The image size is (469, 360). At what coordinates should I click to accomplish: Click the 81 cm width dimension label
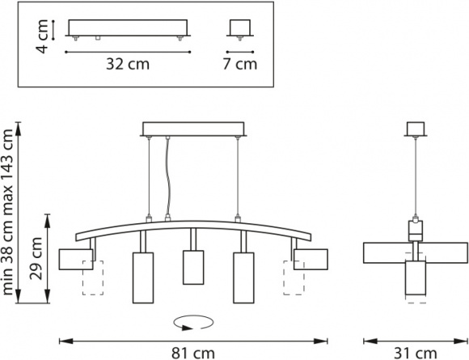click(x=193, y=353)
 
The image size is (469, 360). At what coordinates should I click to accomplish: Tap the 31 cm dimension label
click(x=416, y=353)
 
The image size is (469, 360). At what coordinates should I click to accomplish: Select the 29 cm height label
click(x=36, y=258)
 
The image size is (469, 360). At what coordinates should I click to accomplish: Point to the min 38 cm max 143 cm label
click(x=8, y=213)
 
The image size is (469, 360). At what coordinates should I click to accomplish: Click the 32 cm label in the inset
click(x=128, y=64)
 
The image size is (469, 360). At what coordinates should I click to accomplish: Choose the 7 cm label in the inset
click(x=240, y=64)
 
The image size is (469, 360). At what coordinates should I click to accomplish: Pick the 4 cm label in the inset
click(x=41, y=36)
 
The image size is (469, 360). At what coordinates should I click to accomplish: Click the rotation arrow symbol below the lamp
click(x=193, y=323)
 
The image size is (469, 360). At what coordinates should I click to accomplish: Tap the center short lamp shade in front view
click(x=193, y=267)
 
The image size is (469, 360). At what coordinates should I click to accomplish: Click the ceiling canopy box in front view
click(x=193, y=129)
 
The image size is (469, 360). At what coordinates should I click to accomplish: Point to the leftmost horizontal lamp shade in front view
click(x=76, y=259)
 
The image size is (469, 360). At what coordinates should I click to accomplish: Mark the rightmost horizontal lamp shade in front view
click(x=311, y=259)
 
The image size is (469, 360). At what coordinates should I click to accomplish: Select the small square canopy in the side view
click(x=416, y=129)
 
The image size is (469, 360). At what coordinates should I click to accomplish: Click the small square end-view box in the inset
click(x=240, y=28)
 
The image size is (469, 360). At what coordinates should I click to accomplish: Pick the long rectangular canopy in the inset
click(x=128, y=28)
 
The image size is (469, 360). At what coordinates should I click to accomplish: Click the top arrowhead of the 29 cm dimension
click(x=47, y=221)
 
